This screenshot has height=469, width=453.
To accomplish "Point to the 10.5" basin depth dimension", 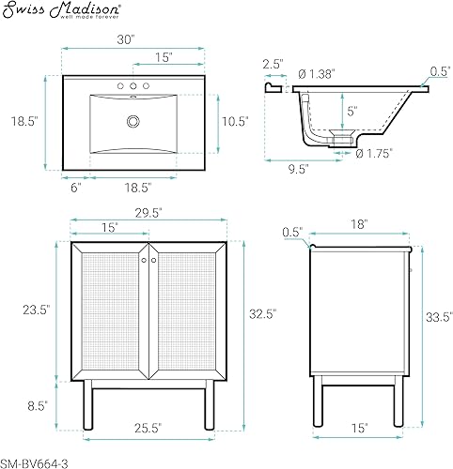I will (x=234, y=122).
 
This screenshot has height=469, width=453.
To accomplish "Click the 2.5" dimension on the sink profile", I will (x=273, y=64).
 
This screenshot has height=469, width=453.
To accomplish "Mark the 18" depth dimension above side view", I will (x=362, y=224).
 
